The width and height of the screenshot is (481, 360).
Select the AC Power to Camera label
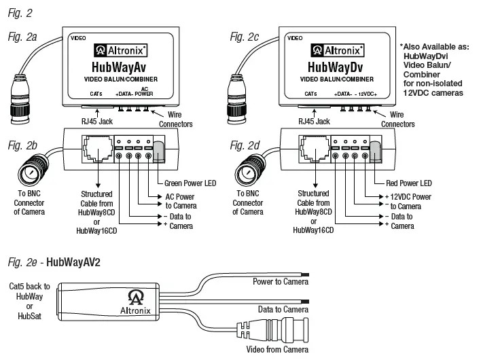pos(178,200)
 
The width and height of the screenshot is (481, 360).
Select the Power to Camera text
pos(278,281)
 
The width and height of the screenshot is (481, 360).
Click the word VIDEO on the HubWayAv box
pos(78,39)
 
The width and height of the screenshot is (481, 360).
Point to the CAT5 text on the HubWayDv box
pos(310,94)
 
